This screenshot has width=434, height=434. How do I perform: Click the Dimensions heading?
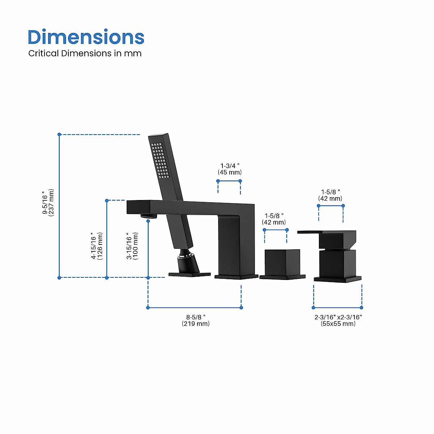tap(86, 37)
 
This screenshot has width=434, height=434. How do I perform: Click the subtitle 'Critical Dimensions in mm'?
tap(85, 54)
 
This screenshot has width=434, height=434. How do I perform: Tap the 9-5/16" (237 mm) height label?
tap(48, 203)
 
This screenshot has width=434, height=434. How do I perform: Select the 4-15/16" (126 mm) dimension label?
tap(97, 246)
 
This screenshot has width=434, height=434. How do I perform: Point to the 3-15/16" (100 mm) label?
tap(132, 246)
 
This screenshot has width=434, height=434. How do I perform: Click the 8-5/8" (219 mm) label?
tap(196, 320)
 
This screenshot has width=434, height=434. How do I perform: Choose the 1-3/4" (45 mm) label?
tap(230, 169)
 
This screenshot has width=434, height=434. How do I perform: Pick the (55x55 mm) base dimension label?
tap(338, 324)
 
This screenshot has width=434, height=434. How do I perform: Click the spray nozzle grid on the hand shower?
tap(160, 161)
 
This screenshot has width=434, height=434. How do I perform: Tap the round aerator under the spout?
tap(149, 216)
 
